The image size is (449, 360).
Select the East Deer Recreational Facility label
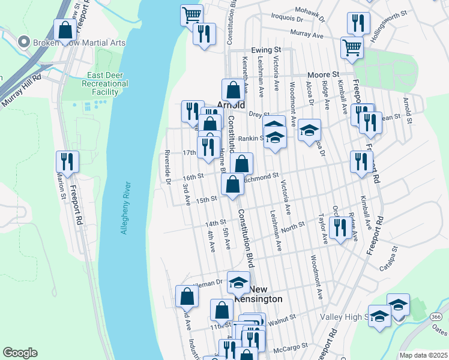[107, 83]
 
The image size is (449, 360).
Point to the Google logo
[20, 353]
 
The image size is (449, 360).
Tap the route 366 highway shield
[436, 316]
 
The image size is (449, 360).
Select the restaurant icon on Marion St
[67, 161]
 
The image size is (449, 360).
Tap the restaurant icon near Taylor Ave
[340, 228]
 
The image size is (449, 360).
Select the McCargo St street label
[291, 346]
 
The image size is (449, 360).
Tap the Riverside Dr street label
[169, 167]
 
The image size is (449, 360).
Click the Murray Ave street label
[307, 34]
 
